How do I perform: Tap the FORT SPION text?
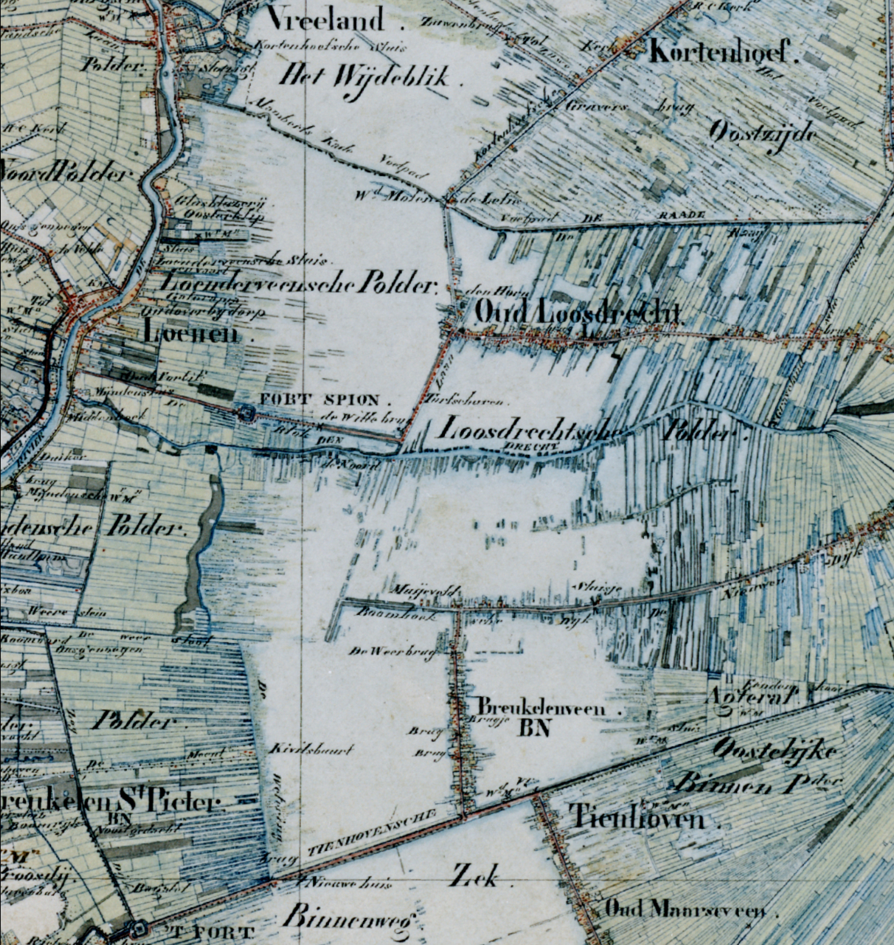tap(327, 399)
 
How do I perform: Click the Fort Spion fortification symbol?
tap(245, 413)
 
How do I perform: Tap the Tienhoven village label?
tap(639, 817)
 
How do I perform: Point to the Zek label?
tap(474, 875)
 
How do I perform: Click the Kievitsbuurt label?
tap(312, 750)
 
